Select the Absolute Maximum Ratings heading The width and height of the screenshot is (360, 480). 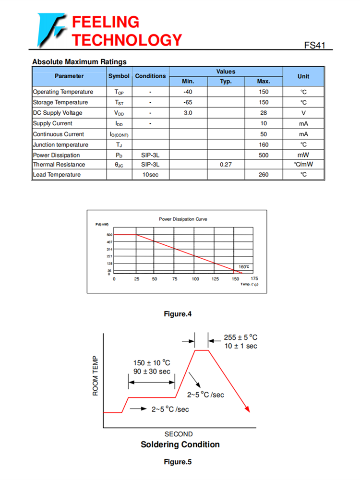pyautogui.click(x=79, y=61)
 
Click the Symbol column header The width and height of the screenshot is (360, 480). pyautogui.click(x=119, y=76)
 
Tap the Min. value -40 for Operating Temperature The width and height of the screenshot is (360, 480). pyautogui.click(x=188, y=92)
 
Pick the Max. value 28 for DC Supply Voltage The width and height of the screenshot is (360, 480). pyautogui.click(x=264, y=113)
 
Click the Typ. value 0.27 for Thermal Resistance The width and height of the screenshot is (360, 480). pyautogui.click(x=226, y=165)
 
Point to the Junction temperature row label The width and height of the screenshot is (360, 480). pyautogui.click(x=60, y=144)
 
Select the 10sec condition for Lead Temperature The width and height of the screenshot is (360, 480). pyautogui.click(x=150, y=175)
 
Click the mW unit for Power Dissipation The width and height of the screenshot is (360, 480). pyautogui.click(x=303, y=155)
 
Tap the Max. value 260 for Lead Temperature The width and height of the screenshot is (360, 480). pyautogui.click(x=264, y=175)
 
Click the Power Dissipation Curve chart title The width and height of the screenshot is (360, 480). pyautogui.click(x=183, y=219)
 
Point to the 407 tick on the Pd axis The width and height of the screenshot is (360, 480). pyautogui.click(x=109, y=242)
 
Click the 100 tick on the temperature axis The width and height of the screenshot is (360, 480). pyautogui.click(x=195, y=279)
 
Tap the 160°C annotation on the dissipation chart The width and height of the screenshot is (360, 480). pyautogui.click(x=244, y=266)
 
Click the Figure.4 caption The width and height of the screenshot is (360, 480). pyautogui.click(x=178, y=314)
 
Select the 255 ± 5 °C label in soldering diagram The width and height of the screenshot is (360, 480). pyautogui.click(x=240, y=337)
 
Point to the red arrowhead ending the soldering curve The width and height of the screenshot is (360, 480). pyautogui.click(x=248, y=408)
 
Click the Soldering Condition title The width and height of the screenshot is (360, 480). pyautogui.click(x=180, y=444)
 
